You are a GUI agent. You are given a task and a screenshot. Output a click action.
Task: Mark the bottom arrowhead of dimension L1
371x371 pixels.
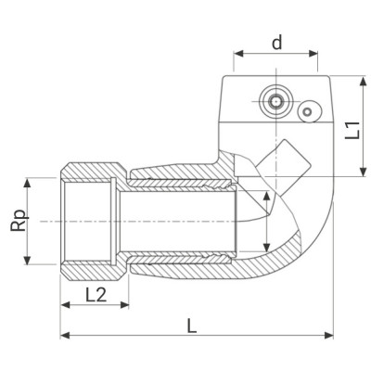click(x=359, y=173)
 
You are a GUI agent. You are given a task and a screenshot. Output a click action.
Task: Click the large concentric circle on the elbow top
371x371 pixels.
click(x=273, y=99)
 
